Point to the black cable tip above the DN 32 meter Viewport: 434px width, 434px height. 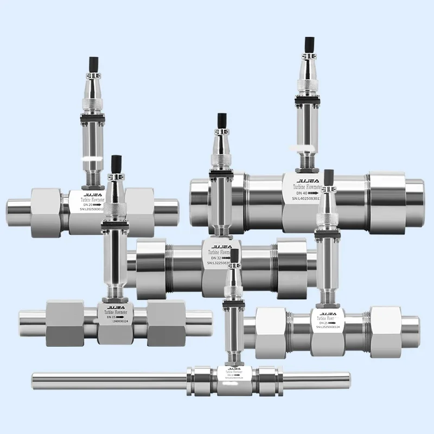[x=222, y=123]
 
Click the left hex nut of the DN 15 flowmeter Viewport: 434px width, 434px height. [x=65, y=324]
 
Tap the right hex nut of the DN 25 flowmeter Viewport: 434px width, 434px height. [x=387, y=331]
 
